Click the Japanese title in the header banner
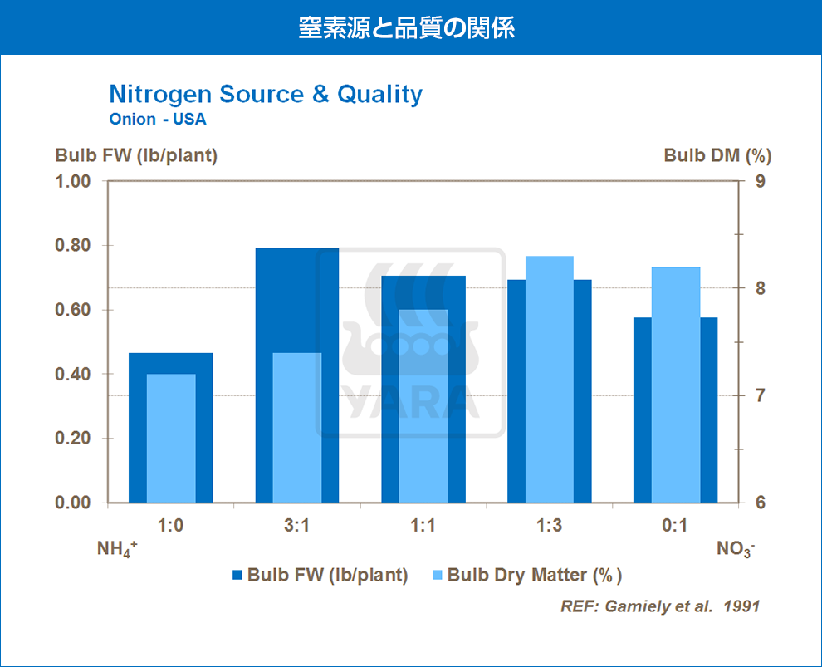point(407,27)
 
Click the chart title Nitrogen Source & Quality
point(266,95)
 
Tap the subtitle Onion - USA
point(158,119)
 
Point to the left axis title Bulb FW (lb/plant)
point(136,155)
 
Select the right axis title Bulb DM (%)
point(718,155)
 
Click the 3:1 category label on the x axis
point(296,525)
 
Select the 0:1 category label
point(675,525)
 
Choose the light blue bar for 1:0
point(171,438)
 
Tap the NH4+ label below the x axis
point(115,549)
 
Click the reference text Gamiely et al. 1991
point(660,606)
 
